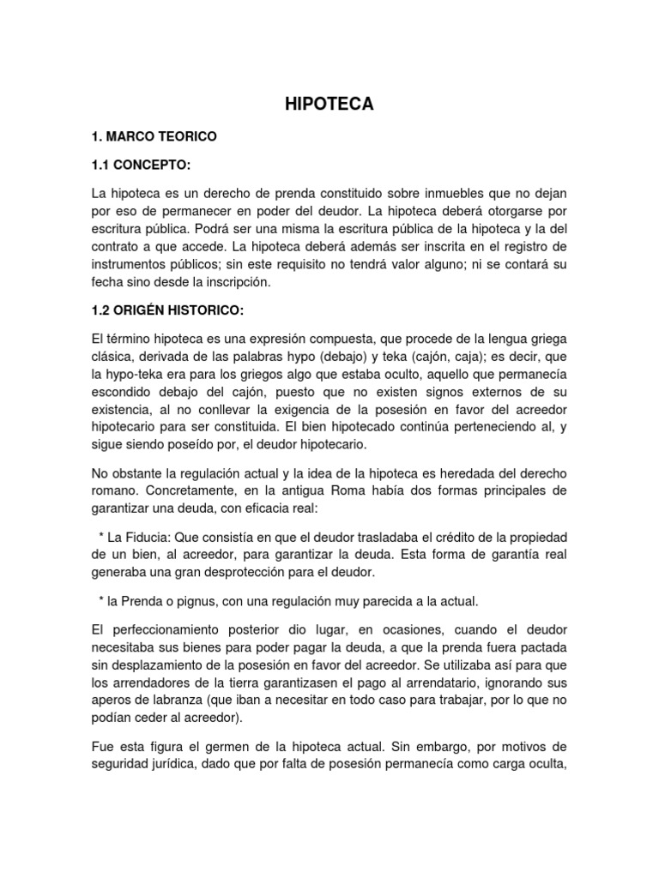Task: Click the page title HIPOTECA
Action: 329,104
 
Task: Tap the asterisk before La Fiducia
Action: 102,537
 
